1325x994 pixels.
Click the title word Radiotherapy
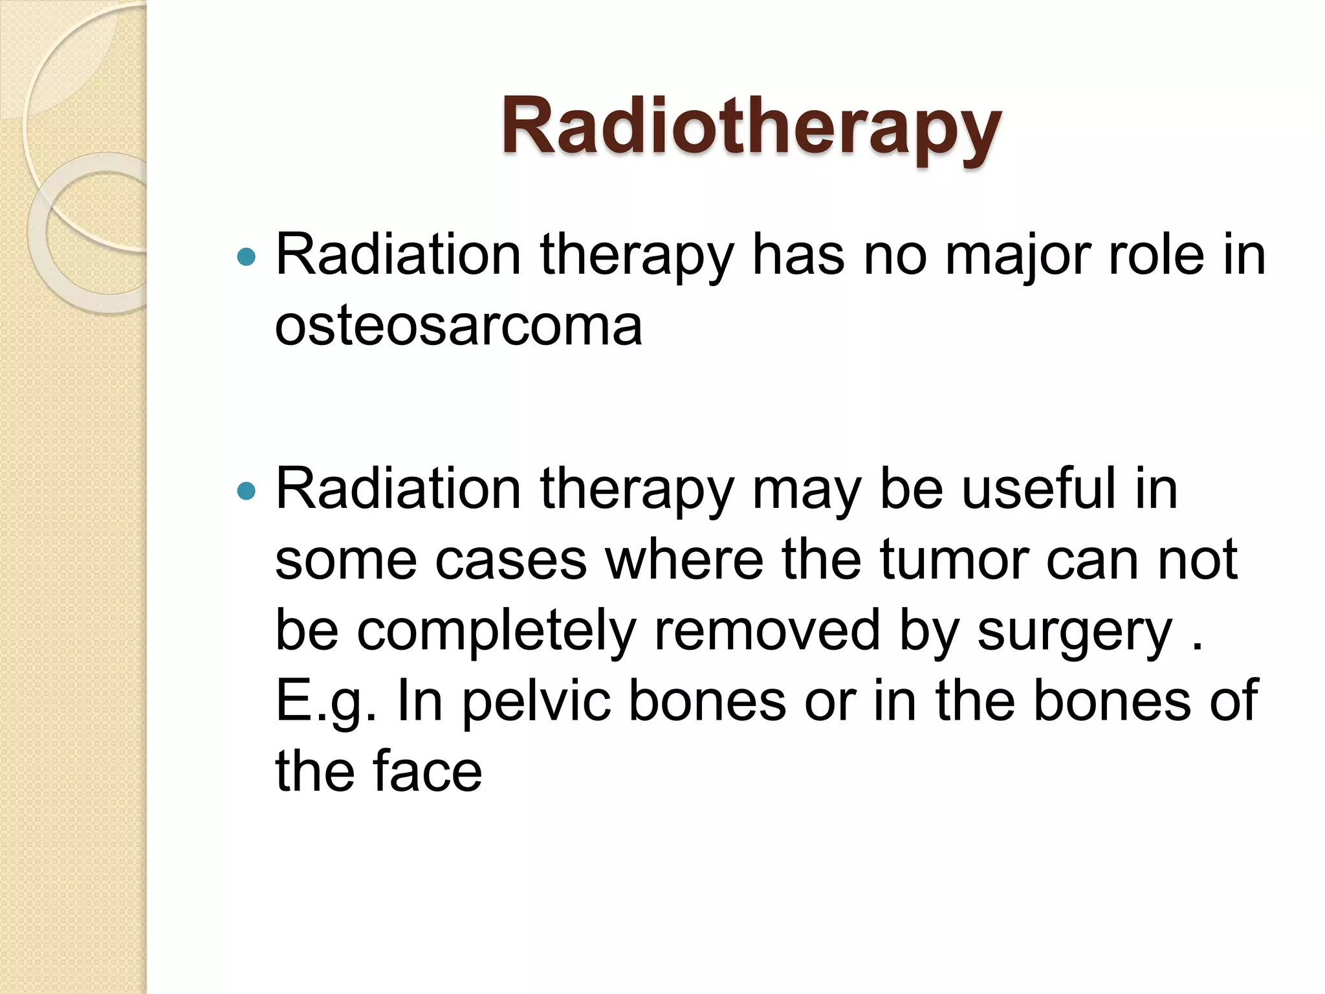coord(750,127)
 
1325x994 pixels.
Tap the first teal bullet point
coord(246,258)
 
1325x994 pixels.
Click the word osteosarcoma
coord(458,326)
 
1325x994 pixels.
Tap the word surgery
coord(1074,633)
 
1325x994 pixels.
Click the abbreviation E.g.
coord(325,703)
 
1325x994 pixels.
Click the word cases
coord(510,560)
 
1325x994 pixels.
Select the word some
coord(345,560)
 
